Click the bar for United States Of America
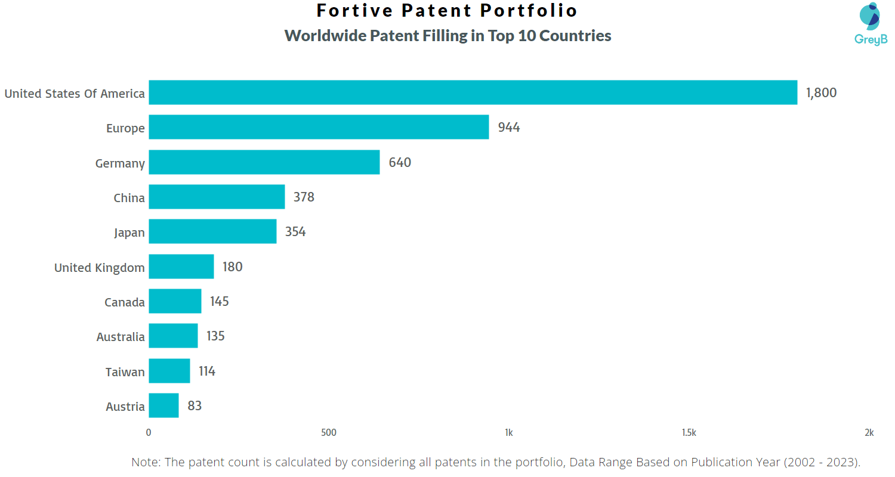pos(473,92)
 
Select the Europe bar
pos(319,127)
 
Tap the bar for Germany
pos(264,162)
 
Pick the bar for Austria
pos(163,405)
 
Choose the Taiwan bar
pos(169,371)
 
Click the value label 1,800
pos(821,92)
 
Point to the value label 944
pos(509,127)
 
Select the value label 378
pos(304,197)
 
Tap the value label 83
pos(195,405)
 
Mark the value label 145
pos(219,301)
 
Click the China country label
pos(129,198)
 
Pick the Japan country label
pos(129,233)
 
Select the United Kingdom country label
pos(99,268)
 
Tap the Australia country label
pos(121,337)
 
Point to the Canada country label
pos(124,302)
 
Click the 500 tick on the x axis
pos(329,433)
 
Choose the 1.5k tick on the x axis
pos(689,433)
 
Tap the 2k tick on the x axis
pos(869,433)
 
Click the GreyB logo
pos(871,24)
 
